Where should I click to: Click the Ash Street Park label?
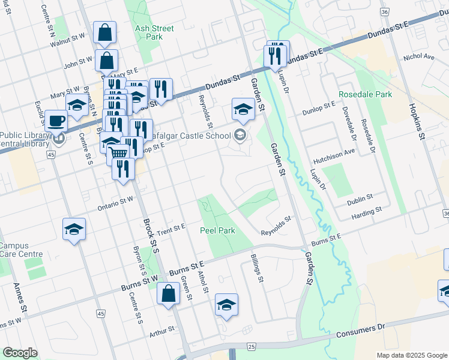tap(155, 32)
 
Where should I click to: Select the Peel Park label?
tap(217, 230)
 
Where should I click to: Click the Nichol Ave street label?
tap(418, 57)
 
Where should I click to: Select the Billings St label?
tap(258, 268)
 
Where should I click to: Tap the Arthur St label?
tap(161, 329)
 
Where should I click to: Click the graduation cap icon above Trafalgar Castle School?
tap(243, 109)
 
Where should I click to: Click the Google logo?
tap(20, 353)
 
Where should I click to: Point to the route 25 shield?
tap(251, 347)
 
